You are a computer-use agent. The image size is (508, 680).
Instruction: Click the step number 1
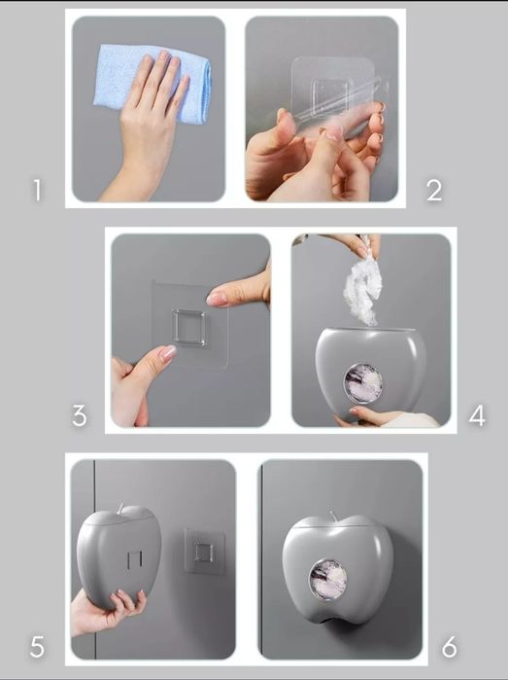click(37, 191)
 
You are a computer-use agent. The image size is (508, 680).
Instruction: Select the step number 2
click(434, 191)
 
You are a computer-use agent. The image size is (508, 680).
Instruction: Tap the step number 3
click(80, 415)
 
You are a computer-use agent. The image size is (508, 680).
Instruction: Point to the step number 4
click(477, 415)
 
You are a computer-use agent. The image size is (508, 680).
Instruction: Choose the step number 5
click(37, 647)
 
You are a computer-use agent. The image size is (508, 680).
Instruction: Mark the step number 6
click(449, 648)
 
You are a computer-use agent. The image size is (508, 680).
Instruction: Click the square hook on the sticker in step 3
click(188, 327)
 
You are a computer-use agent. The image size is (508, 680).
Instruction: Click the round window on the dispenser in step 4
click(363, 383)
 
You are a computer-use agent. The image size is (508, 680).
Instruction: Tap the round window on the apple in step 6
click(328, 580)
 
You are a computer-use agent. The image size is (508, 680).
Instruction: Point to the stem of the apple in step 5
click(120, 509)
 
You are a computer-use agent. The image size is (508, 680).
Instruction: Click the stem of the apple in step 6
click(333, 517)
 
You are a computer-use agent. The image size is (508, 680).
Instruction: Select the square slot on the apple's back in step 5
click(135, 560)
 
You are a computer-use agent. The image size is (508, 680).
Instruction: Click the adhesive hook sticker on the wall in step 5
click(204, 552)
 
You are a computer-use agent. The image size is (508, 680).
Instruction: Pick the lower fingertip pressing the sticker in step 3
click(168, 353)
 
